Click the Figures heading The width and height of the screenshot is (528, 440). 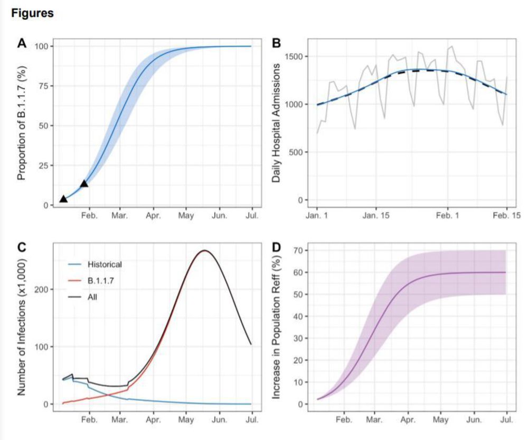(x=32, y=13)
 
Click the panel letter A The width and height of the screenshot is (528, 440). (x=22, y=44)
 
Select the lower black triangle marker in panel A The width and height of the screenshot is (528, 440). (x=63, y=199)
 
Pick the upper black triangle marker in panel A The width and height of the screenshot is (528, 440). (x=84, y=184)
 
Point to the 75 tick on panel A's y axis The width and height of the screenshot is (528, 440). (x=44, y=86)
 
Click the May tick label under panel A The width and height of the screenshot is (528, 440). (x=186, y=216)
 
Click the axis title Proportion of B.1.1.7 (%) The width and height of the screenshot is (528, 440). (x=22, y=126)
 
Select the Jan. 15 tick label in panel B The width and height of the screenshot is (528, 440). (x=375, y=216)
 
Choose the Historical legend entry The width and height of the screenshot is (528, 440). (x=105, y=264)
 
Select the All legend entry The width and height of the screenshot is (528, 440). (x=92, y=297)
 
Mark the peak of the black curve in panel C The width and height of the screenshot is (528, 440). (x=204, y=251)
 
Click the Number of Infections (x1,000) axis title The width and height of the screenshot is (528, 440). (x=22, y=328)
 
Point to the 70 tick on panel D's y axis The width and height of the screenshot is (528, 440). (x=301, y=250)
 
